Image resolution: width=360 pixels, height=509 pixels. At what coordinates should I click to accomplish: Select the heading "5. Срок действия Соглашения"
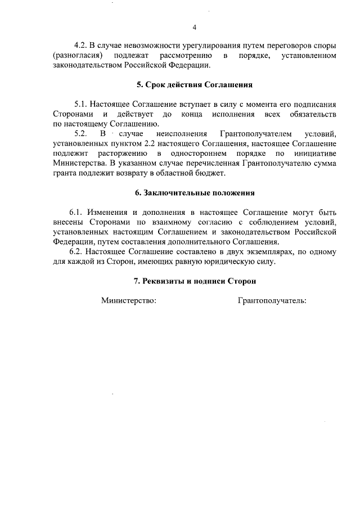click(x=195, y=85)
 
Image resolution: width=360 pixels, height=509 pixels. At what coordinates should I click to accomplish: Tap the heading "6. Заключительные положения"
click(x=195, y=193)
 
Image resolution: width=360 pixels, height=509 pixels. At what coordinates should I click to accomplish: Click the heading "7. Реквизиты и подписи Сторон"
click(x=195, y=280)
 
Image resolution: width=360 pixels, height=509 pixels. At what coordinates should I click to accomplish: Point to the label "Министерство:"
click(x=129, y=300)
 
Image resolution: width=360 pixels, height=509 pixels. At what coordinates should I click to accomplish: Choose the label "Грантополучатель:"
click(x=272, y=300)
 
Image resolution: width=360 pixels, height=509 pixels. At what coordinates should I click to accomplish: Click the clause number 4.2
click(x=82, y=44)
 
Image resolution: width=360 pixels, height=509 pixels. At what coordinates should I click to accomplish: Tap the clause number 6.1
click(x=76, y=213)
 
